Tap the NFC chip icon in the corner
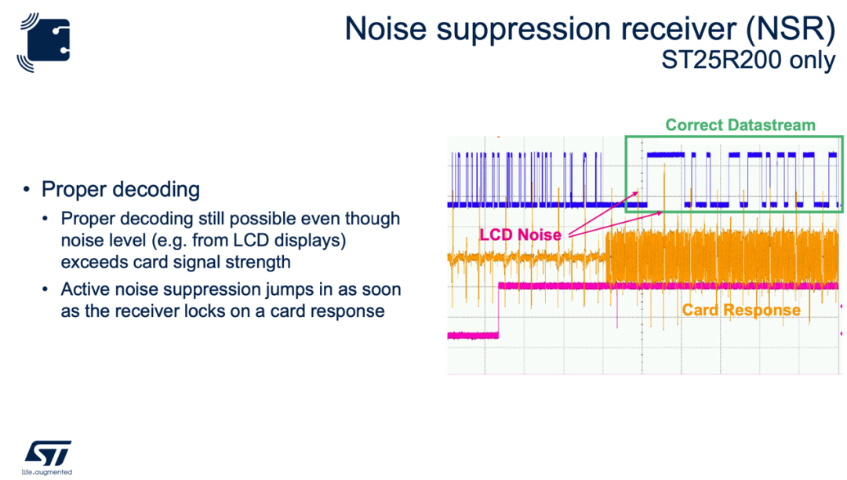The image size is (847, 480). [x=44, y=42]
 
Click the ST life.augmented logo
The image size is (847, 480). [x=47, y=457]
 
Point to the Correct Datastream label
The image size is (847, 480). [x=740, y=125]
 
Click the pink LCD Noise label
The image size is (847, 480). [x=520, y=235]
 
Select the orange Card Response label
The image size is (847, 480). [x=741, y=310]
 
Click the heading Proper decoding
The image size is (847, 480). [x=121, y=190]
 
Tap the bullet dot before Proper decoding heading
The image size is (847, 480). [x=26, y=190]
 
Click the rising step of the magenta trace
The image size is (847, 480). [x=499, y=310]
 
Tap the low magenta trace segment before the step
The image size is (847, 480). [x=473, y=336]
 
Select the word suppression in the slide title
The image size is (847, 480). [x=523, y=31]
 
